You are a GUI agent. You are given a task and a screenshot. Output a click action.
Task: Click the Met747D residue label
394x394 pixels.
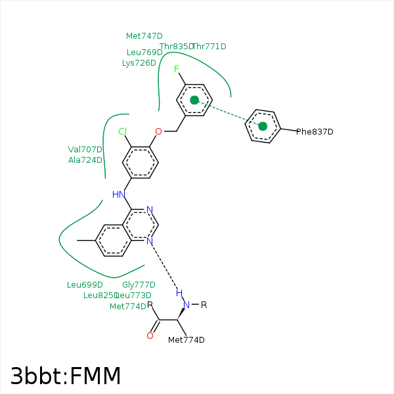pos(144,36)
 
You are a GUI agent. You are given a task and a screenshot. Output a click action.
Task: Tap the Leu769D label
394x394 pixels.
pos(144,52)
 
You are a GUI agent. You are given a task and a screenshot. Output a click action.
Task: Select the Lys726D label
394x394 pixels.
pos(139,63)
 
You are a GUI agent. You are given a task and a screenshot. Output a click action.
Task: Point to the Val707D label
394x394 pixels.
pos(85,149)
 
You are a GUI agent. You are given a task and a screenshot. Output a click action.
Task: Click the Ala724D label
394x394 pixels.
pos(85,160)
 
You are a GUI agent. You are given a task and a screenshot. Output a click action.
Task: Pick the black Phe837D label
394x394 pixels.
pos(315,132)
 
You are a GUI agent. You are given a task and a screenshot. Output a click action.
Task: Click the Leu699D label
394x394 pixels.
pos(85,284)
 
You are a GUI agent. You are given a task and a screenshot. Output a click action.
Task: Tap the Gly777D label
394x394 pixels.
pos(139,284)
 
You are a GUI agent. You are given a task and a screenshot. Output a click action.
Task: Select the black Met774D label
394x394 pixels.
pos(186,339)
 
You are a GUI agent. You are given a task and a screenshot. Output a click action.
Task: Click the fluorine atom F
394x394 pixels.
pos(176,69)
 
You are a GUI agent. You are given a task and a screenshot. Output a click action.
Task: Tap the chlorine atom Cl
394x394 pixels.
pos(122,131)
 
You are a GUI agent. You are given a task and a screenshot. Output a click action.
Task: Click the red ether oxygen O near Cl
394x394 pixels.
pos(158,131)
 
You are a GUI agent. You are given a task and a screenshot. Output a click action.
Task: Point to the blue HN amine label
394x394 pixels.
pos(118,194)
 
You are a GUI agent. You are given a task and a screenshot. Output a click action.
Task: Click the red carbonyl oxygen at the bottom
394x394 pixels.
pos(150,336)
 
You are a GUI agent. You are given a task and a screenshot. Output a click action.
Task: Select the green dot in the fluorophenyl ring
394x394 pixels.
pos(194,100)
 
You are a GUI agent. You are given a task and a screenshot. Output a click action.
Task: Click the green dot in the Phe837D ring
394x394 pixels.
pos(263,126)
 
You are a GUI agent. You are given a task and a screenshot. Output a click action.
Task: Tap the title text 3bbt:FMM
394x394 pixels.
pos(66,376)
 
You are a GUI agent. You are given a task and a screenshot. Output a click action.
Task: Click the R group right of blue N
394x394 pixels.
pos(204,305)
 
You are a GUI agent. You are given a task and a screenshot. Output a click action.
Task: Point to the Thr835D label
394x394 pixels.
pos(176,47)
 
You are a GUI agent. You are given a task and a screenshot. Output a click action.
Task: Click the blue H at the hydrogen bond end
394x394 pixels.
pos(179,292)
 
